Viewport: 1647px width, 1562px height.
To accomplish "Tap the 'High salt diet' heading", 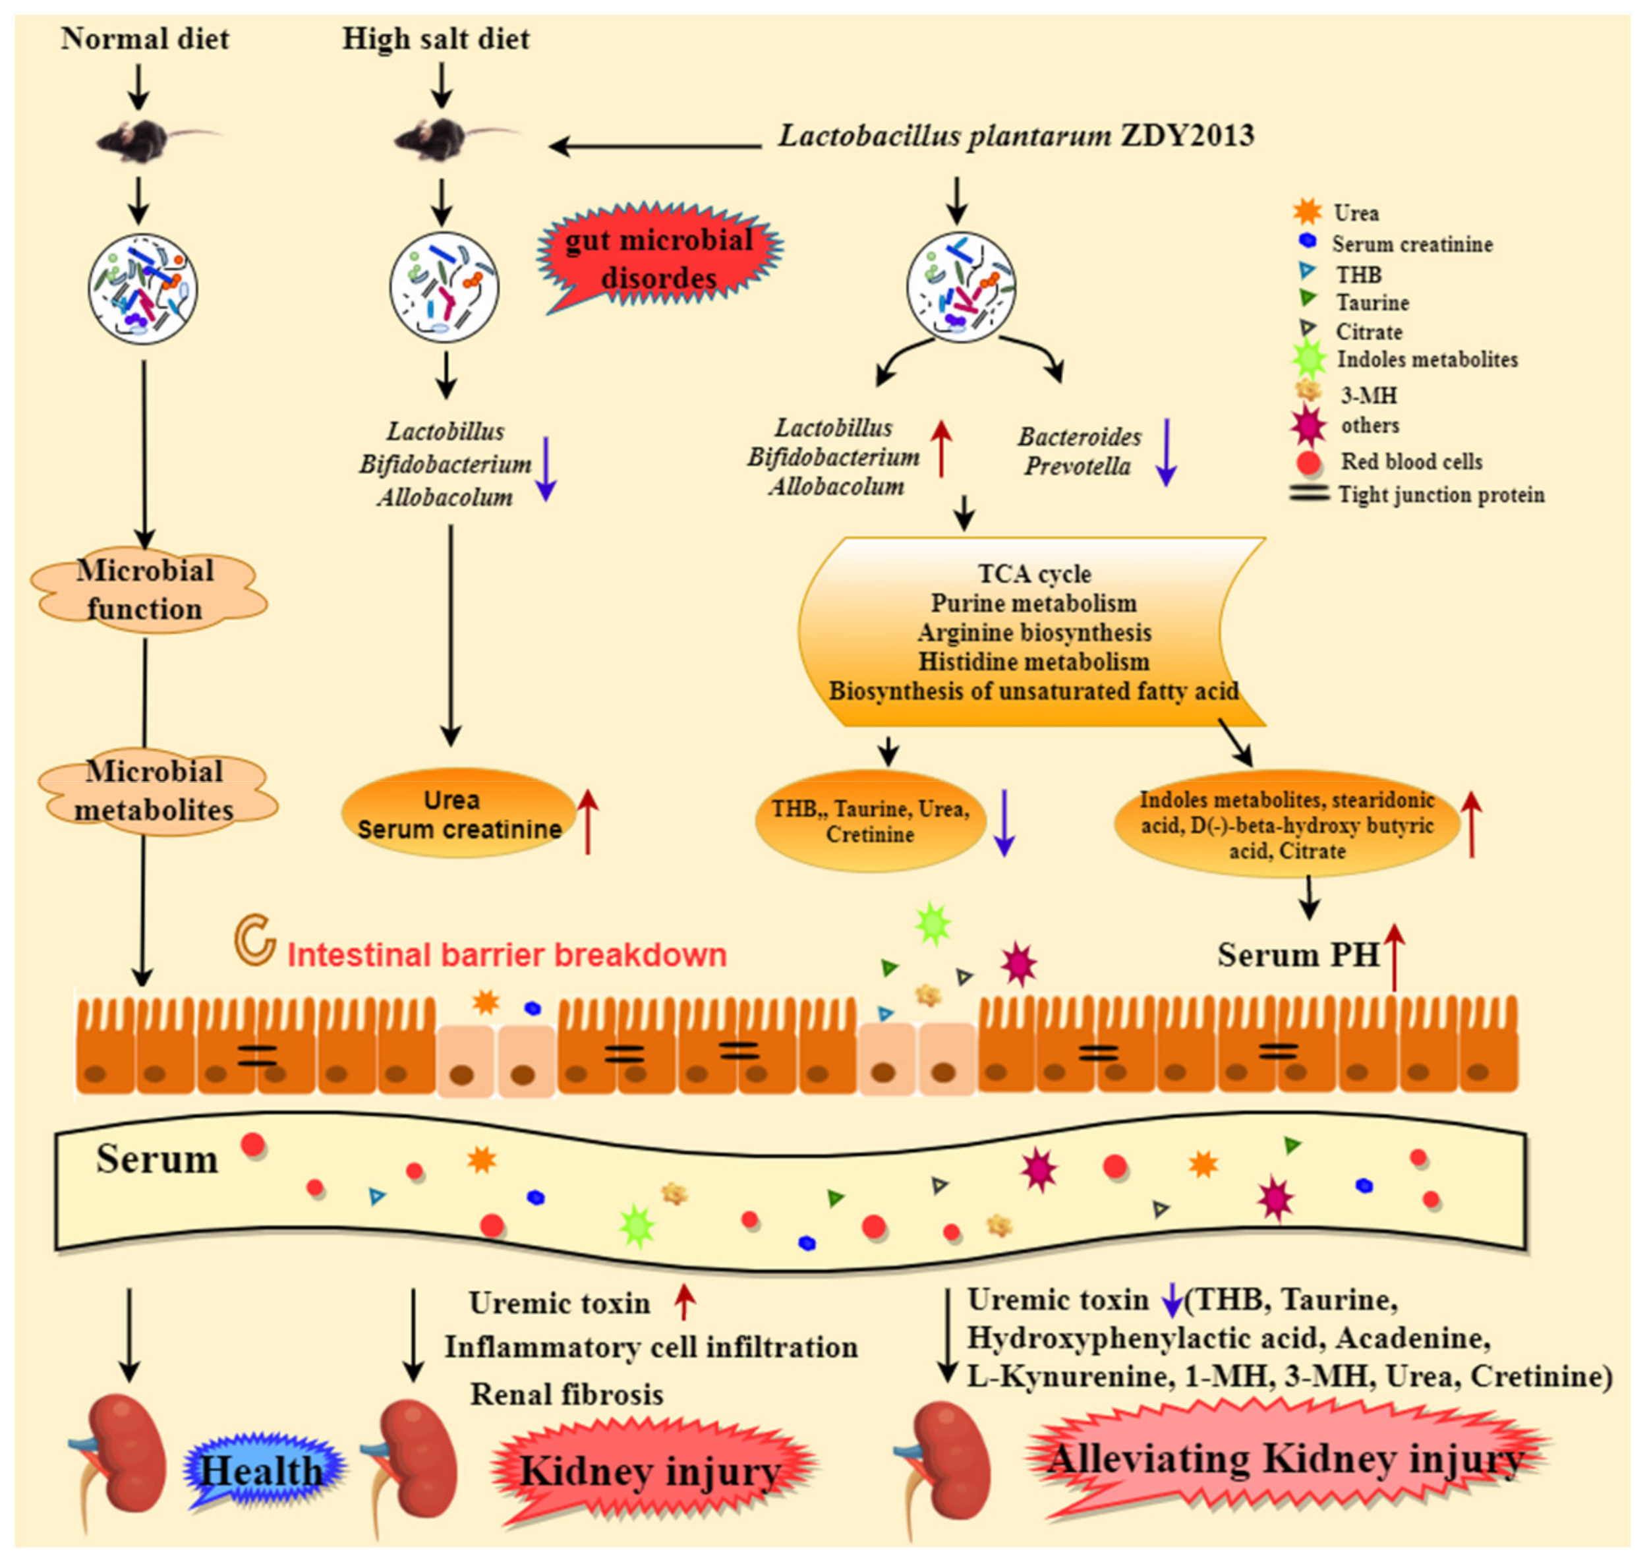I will point(436,39).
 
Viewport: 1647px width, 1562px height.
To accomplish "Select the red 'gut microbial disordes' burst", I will point(658,258).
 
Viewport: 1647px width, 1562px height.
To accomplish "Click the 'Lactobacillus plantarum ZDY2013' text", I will point(1016,136).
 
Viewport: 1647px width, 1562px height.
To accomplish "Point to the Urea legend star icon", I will point(1308,212).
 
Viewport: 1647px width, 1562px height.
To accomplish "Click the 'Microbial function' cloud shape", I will point(146,589).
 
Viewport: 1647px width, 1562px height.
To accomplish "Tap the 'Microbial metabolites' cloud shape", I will point(155,790).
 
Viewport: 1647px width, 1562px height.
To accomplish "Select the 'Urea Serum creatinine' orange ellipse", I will point(458,815).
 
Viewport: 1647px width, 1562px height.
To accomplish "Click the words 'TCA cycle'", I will point(1034,573).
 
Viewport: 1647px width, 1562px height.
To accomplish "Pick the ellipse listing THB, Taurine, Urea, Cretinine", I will point(870,821).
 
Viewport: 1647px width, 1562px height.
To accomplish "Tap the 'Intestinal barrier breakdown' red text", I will point(506,955).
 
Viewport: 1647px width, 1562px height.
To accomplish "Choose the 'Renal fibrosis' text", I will point(566,1395).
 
